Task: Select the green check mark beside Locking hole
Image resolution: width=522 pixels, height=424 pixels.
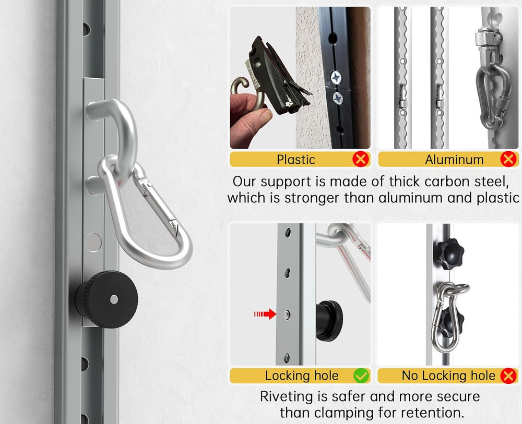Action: pyautogui.click(x=361, y=375)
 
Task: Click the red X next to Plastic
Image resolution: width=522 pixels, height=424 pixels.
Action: pyautogui.click(x=360, y=159)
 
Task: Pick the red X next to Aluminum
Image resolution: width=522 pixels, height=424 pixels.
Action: pyautogui.click(x=508, y=159)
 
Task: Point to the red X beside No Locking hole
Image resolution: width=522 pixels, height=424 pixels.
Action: pyautogui.click(x=508, y=375)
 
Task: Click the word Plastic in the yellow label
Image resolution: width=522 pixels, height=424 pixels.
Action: pyautogui.click(x=296, y=160)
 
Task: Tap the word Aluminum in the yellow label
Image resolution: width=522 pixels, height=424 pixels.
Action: pyautogui.click(x=454, y=160)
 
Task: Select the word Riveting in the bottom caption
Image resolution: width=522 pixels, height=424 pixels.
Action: pyautogui.click(x=286, y=396)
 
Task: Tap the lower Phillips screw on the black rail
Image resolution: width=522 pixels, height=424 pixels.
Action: pyautogui.click(x=338, y=97)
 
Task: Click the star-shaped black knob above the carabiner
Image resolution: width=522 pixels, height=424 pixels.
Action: pyautogui.click(x=448, y=255)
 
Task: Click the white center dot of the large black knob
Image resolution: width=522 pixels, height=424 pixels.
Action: pyautogui.click(x=114, y=299)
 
